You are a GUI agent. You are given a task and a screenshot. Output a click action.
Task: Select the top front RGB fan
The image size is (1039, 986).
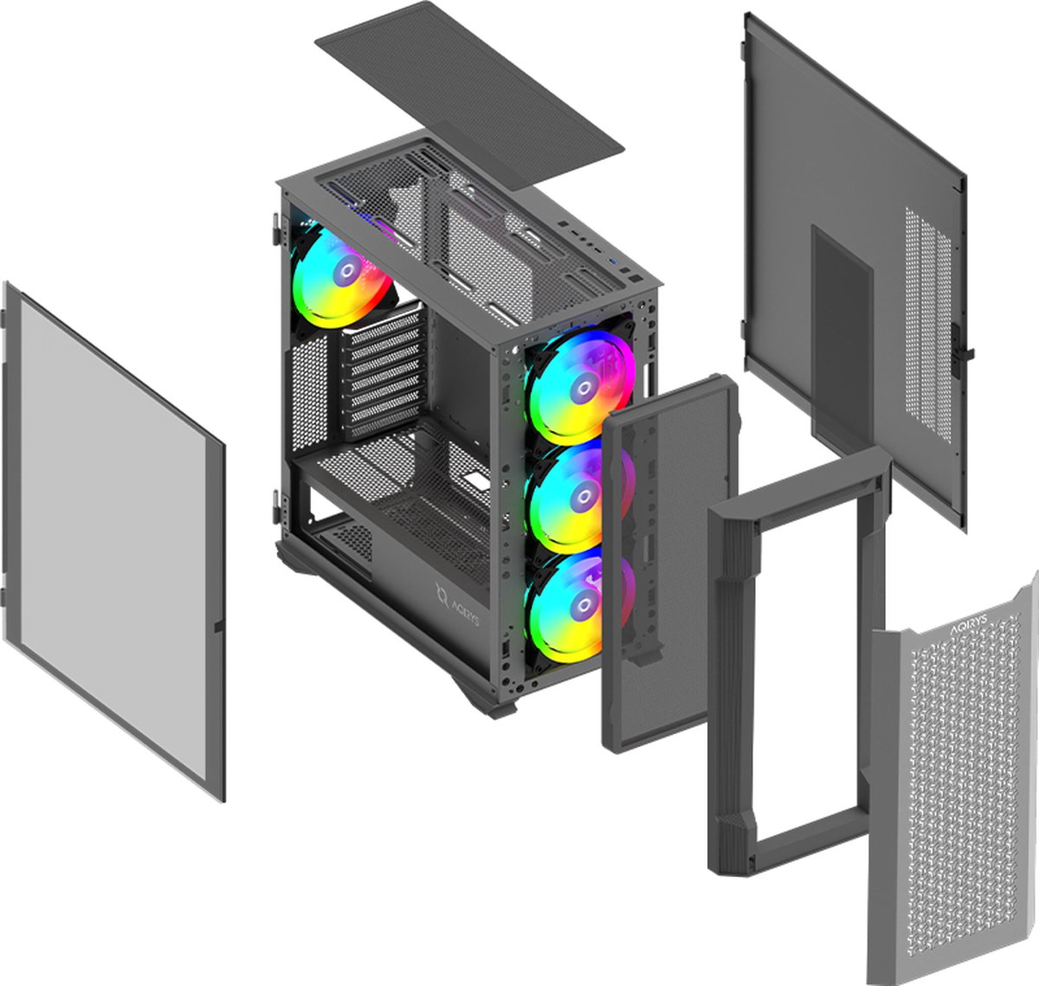(x=578, y=386)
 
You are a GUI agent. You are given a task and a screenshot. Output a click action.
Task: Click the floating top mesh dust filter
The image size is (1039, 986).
(x=468, y=91)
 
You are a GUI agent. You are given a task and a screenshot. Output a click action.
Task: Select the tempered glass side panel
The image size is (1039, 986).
(x=113, y=537)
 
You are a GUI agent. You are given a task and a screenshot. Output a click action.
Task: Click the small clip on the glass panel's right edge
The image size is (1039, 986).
(x=218, y=624)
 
